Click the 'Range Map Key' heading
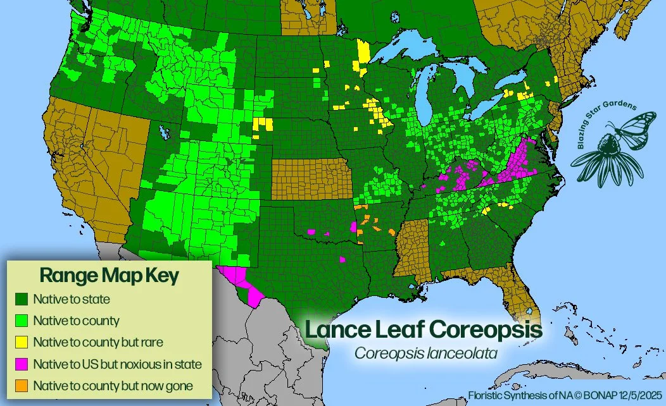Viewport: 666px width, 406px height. pyautogui.click(x=109, y=276)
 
